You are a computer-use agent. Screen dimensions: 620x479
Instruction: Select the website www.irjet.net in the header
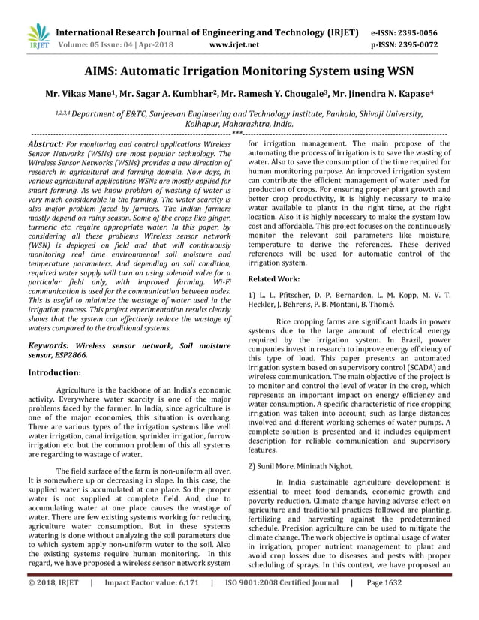pyautogui.click(x=236, y=45)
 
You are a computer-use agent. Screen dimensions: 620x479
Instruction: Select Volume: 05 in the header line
pyautogui.click(x=73, y=45)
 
